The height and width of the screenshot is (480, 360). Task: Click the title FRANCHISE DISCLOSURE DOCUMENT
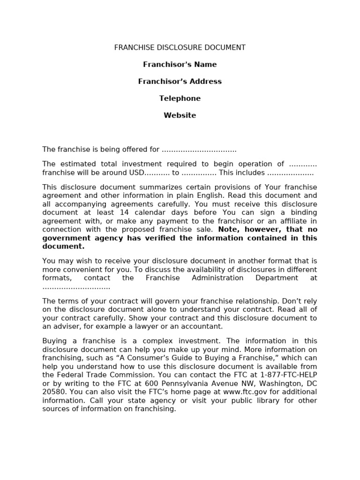(180, 48)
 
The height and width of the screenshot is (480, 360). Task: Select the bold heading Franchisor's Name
(180, 65)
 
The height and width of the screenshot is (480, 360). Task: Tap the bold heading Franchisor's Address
(180, 82)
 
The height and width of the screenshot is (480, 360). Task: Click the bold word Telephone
(180, 98)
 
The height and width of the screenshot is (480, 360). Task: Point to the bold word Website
(180, 115)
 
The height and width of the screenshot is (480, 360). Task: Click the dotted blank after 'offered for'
(199, 150)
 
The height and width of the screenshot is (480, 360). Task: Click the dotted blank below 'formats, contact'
(76, 287)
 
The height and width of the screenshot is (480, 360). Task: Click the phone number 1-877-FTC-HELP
(290, 375)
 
